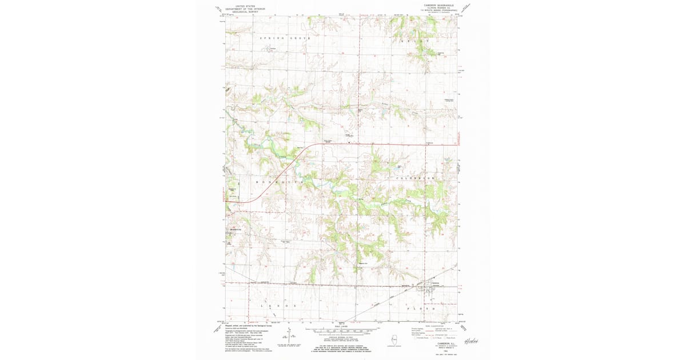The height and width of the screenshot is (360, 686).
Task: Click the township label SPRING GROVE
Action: pos(285,38)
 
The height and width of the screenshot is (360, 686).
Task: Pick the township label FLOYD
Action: pos(422,309)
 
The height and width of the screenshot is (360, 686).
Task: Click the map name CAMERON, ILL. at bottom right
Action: pos(437,343)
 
